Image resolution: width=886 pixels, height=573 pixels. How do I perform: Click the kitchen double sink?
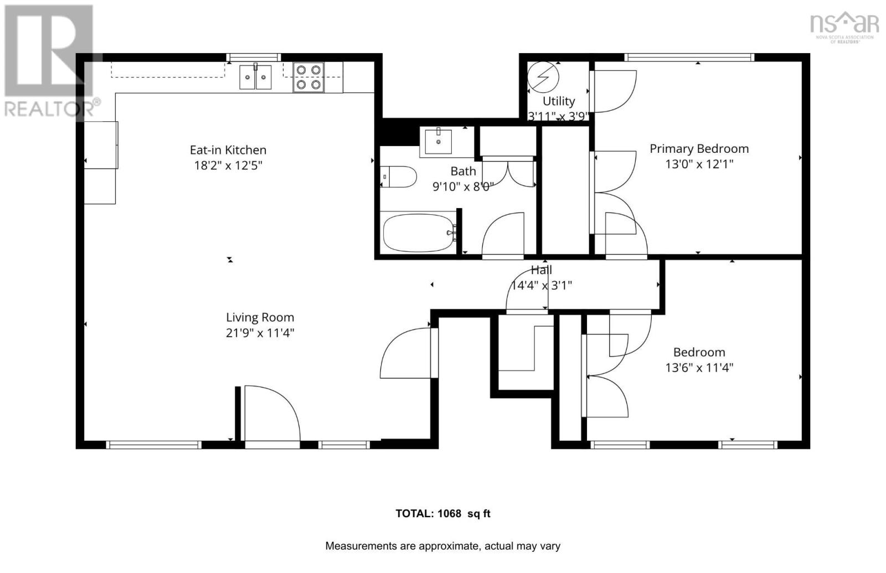coord(255,77)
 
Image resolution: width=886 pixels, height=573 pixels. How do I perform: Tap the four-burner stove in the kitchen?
coord(308,77)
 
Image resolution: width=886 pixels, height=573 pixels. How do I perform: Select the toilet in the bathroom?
coord(399,177)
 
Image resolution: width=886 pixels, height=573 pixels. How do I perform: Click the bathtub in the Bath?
coord(419,233)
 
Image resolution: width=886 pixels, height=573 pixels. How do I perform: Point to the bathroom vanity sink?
coord(438,141)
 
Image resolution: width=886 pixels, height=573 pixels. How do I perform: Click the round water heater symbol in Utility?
coord(543,77)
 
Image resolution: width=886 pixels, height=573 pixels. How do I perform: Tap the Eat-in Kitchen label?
coord(228,149)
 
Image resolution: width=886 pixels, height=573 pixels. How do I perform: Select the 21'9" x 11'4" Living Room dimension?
coord(259,333)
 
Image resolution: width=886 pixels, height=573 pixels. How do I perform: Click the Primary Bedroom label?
coord(699,148)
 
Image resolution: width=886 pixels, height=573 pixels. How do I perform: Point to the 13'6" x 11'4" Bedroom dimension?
coord(699,368)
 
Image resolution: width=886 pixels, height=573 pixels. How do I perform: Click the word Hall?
coord(541,270)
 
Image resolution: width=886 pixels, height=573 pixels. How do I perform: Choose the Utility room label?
coord(558,101)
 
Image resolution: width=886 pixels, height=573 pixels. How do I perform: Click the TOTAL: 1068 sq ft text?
coord(442,513)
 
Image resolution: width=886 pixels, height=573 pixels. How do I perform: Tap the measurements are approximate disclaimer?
coord(442,546)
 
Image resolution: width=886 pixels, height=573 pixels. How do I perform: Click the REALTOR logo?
coord(50,61)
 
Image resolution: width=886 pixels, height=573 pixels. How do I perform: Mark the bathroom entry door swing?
coord(503,235)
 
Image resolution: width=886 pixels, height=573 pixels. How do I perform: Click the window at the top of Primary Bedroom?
coord(689,57)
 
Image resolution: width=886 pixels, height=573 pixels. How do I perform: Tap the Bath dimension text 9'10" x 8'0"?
coord(462,187)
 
